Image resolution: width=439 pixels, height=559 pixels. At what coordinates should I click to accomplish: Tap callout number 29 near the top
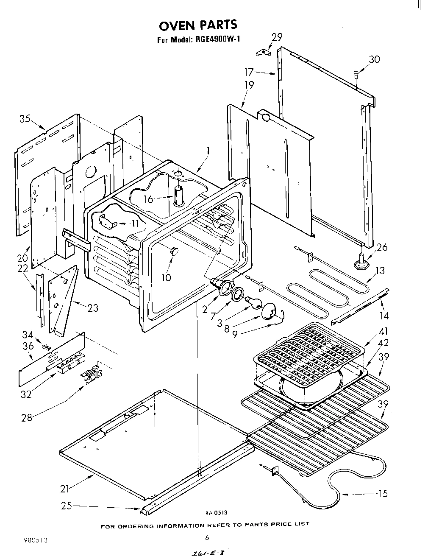(x=277, y=37)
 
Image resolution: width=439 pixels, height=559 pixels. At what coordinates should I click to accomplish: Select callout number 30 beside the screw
(x=374, y=59)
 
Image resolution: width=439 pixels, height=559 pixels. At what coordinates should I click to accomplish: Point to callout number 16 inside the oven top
(x=148, y=198)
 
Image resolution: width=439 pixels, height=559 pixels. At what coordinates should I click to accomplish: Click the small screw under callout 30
(x=356, y=75)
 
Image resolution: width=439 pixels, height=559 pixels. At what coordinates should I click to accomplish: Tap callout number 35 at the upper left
(x=25, y=118)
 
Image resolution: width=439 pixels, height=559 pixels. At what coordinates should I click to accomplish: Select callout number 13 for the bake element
(x=380, y=271)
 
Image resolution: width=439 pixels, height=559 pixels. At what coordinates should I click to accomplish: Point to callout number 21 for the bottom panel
(x=64, y=489)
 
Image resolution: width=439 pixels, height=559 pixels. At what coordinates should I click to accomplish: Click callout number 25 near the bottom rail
(x=66, y=506)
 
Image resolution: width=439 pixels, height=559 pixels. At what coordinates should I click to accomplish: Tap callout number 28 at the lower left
(x=27, y=418)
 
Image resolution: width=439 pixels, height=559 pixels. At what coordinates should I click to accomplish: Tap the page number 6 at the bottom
(x=207, y=537)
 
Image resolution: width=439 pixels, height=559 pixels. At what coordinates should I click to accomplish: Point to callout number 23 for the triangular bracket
(x=92, y=308)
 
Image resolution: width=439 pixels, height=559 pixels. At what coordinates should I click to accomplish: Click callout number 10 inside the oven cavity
(x=166, y=277)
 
